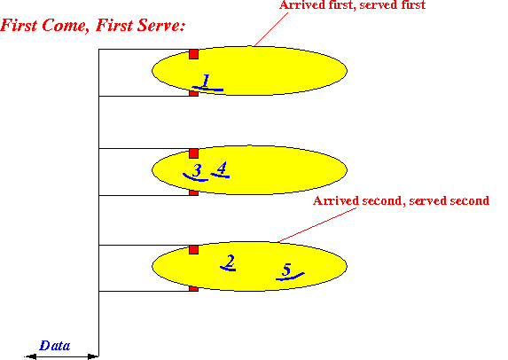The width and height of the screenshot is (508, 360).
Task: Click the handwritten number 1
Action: (206, 81)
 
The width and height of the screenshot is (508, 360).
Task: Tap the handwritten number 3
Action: (197, 170)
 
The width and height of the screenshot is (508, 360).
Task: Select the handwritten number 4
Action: (222, 168)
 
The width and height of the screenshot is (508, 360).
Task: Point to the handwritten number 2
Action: (230, 262)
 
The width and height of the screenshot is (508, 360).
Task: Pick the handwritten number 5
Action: (286, 270)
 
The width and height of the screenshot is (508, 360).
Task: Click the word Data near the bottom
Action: (55, 346)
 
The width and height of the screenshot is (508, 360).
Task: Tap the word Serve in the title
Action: (160, 26)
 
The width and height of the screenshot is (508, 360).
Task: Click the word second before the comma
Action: (382, 200)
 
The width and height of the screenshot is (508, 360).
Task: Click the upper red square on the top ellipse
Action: (194, 54)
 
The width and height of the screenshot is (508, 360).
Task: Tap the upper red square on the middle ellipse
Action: (194, 153)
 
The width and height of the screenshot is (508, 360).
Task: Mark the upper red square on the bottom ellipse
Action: (194, 249)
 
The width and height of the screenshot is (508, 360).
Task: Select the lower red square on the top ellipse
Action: (194, 93)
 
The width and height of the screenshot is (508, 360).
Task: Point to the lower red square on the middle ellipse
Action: (194, 192)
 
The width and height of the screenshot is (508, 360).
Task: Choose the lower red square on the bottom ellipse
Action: (194, 288)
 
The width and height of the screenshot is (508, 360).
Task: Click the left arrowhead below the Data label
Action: (30, 356)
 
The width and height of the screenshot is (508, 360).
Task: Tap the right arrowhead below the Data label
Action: (93, 356)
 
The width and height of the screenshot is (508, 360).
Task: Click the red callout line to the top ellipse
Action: (271, 29)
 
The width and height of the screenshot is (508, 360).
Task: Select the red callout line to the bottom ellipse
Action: (317, 225)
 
